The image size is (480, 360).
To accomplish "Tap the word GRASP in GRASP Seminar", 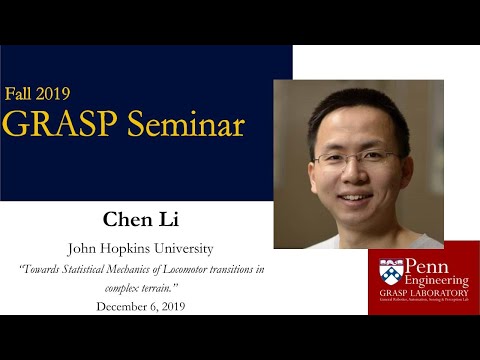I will point(56,125).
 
